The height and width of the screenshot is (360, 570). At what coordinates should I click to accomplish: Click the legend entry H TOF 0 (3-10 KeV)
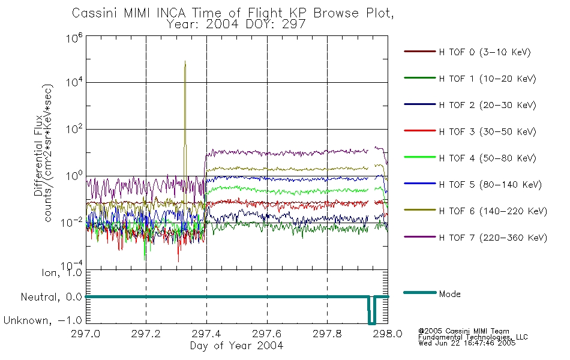pyautogui.click(x=485, y=52)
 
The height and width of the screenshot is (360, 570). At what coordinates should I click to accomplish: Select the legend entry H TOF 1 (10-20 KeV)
pyautogui.click(x=487, y=79)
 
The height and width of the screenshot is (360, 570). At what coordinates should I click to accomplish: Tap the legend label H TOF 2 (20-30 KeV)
pyautogui.click(x=487, y=105)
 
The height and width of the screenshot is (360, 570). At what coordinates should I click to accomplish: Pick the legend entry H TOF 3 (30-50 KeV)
pyautogui.click(x=487, y=131)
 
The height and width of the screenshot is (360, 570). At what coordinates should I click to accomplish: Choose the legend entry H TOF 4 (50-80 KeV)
pyautogui.click(x=487, y=158)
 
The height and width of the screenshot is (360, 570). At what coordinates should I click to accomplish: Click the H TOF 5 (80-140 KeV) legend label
pyautogui.click(x=490, y=185)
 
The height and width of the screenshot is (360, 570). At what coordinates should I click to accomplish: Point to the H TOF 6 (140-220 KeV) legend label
pyautogui.click(x=493, y=211)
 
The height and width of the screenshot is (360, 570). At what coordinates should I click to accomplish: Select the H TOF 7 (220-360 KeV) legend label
pyautogui.click(x=493, y=238)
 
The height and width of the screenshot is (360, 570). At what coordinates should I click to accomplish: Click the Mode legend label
pyautogui.click(x=449, y=294)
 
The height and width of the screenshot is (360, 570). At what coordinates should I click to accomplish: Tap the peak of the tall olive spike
pyautogui.click(x=185, y=61)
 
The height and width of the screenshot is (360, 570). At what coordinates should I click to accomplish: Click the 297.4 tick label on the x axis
pyautogui.click(x=206, y=334)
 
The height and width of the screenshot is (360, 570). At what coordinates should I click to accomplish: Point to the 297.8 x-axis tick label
pyautogui.click(x=327, y=334)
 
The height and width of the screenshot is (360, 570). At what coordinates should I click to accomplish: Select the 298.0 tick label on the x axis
pyautogui.click(x=388, y=334)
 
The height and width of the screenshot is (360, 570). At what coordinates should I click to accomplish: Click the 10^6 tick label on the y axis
pyautogui.click(x=74, y=37)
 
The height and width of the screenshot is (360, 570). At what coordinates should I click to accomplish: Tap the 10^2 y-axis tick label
pyautogui.click(x=74, y=129)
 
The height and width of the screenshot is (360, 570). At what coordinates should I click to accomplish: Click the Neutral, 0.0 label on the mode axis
pyautogui.click(x=51, y=297)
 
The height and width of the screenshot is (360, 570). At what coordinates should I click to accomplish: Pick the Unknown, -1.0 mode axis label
pyautogui.click(x=43, y=320)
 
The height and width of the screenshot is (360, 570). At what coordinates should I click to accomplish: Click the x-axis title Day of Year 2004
pyautogui.click(x=236, y=346)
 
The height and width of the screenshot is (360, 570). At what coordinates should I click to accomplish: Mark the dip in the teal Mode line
pyautogui.click(x=371, y=323)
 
